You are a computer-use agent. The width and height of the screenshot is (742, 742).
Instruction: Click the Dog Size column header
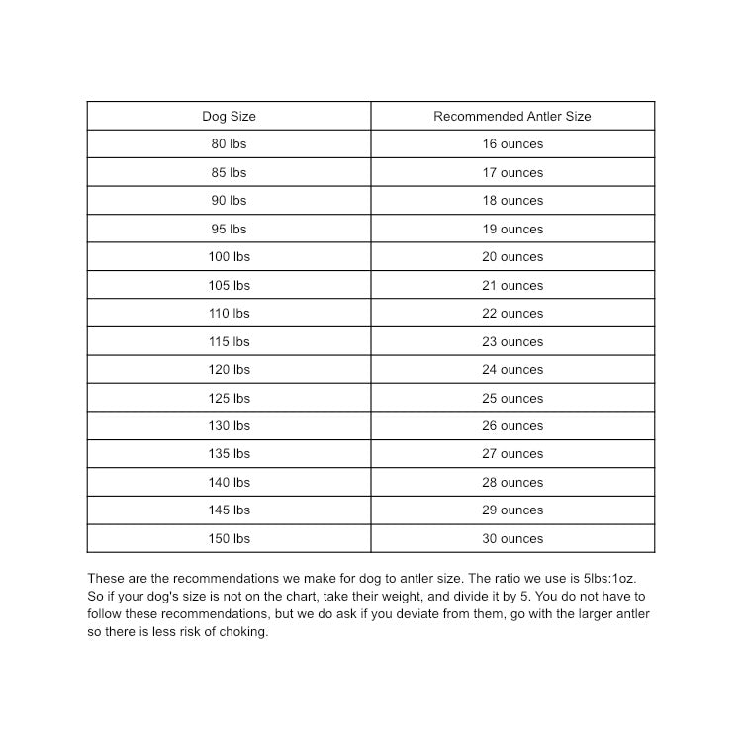(229, 116)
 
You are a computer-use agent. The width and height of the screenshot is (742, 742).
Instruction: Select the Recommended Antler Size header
(511, 116)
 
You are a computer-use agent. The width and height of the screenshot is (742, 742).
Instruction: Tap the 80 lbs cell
(229, 143)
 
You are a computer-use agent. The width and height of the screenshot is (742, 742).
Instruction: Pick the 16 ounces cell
(512, 143)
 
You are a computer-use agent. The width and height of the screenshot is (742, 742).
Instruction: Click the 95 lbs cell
(229, 229)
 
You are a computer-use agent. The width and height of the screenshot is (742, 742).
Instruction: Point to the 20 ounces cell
(512, 256)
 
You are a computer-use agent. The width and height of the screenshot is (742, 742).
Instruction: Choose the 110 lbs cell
(229, 313)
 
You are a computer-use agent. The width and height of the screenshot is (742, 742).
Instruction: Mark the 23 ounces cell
(512, 341)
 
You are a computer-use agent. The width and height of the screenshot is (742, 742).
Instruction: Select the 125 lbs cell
(229, 398)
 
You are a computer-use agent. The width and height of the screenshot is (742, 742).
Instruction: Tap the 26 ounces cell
(512, 425)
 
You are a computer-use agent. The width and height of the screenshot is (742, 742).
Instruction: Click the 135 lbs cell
(229, 453)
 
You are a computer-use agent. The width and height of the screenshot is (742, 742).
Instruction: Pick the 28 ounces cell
(512, 482)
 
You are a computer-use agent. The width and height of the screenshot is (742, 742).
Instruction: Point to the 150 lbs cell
(229, 538)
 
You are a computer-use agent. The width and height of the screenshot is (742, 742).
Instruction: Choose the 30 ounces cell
(512, 538)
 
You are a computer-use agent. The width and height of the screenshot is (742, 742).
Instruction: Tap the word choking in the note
(243, 632)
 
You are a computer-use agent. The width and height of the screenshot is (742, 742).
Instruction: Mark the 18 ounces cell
(512, 200)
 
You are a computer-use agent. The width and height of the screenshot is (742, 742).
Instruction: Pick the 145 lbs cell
(229, 510)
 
